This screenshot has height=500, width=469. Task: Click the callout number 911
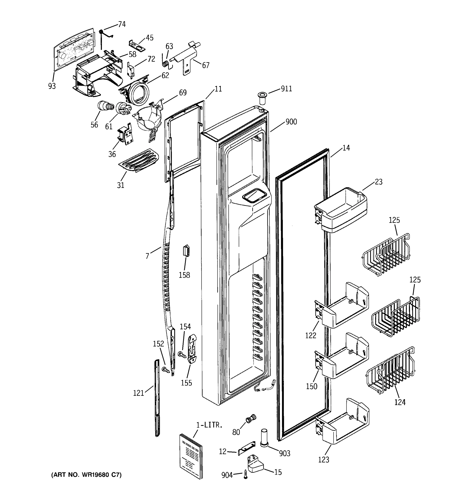(x=286, y=89)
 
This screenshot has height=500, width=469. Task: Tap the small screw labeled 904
(x=246, y=475)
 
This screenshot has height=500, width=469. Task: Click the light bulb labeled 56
(x=104, y=106)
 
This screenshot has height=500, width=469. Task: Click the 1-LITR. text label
(x=209, y=425)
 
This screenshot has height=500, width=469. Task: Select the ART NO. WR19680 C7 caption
(x=86, y=475)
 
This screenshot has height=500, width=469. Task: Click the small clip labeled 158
(x=186, y=250)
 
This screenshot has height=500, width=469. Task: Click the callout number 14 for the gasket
(x=346, y=148)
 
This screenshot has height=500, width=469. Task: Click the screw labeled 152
(x=166, y=370)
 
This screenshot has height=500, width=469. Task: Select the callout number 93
(x=52, y=86)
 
